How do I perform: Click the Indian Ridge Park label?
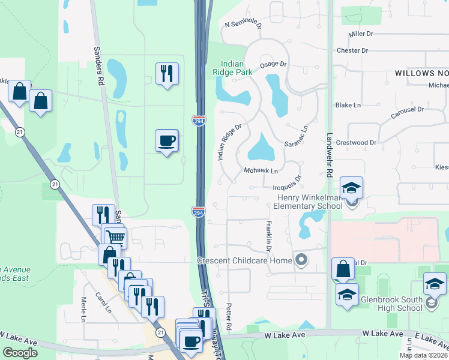(x=237, y=67)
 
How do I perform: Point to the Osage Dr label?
(x=274, y=64)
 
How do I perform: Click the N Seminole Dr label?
(x=243, y=25)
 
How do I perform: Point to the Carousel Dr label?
(x=408, y=109)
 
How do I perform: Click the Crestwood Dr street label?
(x=356, y=143)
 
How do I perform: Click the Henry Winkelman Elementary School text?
(x=307, y=202)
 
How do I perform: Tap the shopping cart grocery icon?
(x=115, y=236)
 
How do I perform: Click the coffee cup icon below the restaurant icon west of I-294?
(x=166, y=141)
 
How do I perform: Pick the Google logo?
(x=20, y=353)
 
